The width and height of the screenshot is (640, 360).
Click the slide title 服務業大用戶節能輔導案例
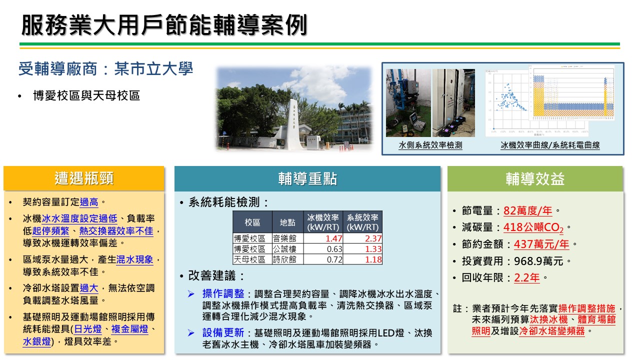click(164, 25)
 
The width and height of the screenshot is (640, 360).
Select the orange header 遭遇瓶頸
click(84, 178)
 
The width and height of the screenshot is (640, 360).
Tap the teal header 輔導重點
click(307, 178)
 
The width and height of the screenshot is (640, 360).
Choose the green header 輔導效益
click(535, 178)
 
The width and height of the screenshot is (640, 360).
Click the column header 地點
click(287, 222)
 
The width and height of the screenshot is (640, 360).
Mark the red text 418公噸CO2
click(534, 228)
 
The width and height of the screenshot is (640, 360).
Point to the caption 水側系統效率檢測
click(430, 145)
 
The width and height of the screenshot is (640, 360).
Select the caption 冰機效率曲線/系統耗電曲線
click(550, 145)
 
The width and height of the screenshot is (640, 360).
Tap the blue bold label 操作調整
click(223, 293)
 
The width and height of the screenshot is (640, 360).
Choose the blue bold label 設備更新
click(223, 332)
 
